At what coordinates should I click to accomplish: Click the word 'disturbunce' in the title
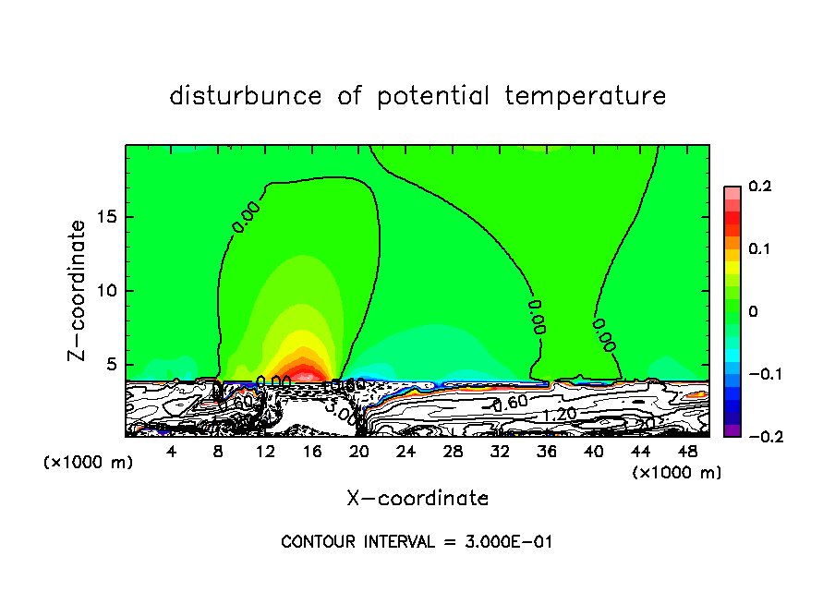click(247, 96)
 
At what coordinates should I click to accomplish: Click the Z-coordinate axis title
click(80, 290)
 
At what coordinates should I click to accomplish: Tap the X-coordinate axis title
click(417, 499)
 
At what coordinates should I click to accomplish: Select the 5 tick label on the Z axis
click(111, 364)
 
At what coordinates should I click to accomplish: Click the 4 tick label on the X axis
click(172, 452)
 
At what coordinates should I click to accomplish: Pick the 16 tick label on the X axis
click(312, 452)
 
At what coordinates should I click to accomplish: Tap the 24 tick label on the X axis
click(405, 452)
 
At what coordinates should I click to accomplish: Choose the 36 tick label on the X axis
click(547, 452)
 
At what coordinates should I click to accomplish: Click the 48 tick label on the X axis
click(687, 452)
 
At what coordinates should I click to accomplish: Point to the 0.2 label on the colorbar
click(759, 187)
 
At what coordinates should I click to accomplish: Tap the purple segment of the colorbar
click(732, 430)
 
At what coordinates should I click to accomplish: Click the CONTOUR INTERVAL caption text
click(417, 541)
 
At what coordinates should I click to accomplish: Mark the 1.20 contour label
click(560, 416)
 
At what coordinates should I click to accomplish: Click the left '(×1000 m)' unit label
click(89, 463)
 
